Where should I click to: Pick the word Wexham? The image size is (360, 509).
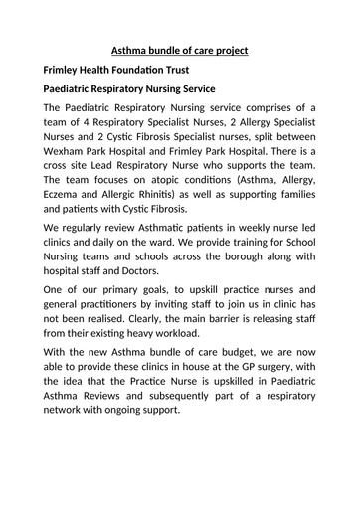click(68, 161)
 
